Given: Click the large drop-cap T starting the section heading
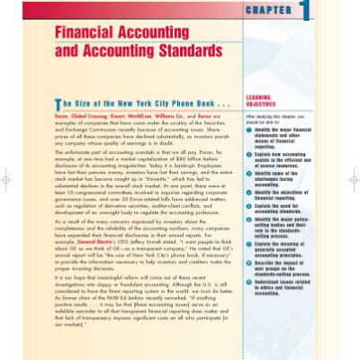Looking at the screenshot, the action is click(58, 103).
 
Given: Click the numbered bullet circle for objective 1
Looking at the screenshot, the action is click(248, 130).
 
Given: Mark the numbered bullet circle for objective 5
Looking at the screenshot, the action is click(248, 207).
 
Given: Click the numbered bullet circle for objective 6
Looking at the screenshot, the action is click(248, 220).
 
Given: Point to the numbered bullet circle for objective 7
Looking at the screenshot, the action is click(248, 244).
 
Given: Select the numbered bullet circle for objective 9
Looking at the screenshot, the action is click(248, 282).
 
